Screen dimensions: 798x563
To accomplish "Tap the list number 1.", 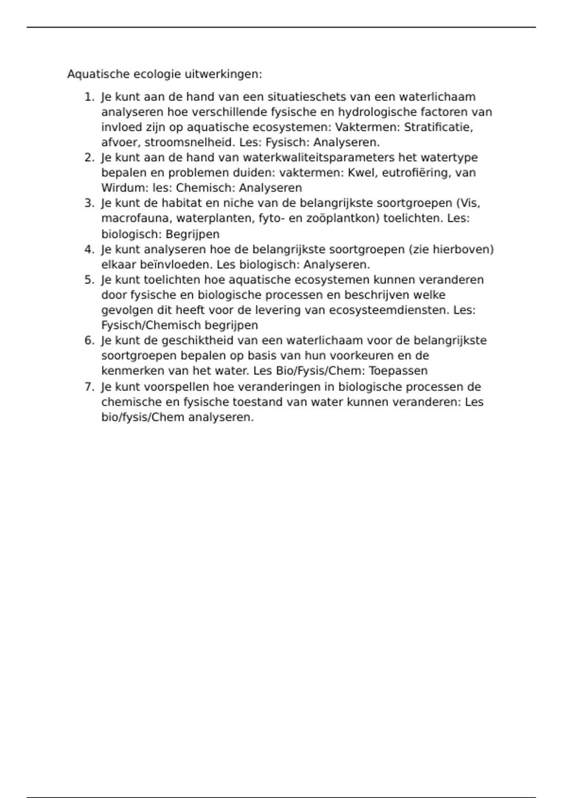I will coord(88,97).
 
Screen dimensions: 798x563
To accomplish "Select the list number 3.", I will coord(88,203).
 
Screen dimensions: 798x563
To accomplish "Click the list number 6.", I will coord(88,340).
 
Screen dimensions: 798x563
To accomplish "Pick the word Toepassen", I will coord(398,371).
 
